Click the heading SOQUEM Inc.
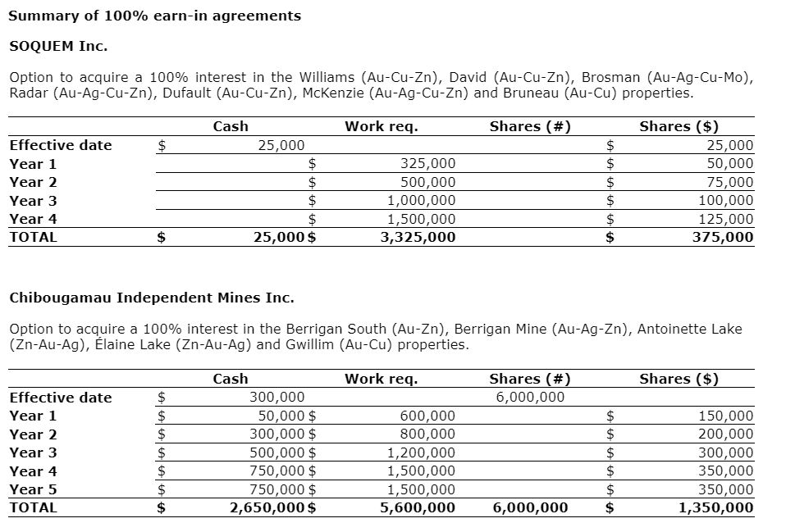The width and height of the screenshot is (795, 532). click(58, 45)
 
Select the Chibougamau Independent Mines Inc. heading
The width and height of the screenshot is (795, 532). click(151, 297)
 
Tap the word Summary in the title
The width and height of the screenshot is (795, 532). click(40, 16)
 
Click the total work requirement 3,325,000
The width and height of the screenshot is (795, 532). click(419, 238)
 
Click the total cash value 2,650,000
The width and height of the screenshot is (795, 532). click(267, 508)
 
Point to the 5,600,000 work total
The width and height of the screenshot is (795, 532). click(419, 508)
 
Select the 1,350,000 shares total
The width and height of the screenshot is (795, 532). click(716, 508)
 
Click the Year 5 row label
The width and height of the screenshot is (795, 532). click(33, 489)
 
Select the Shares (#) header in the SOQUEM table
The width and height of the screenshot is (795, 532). click(530, 126)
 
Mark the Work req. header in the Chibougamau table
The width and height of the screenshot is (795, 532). click(381, 379)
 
